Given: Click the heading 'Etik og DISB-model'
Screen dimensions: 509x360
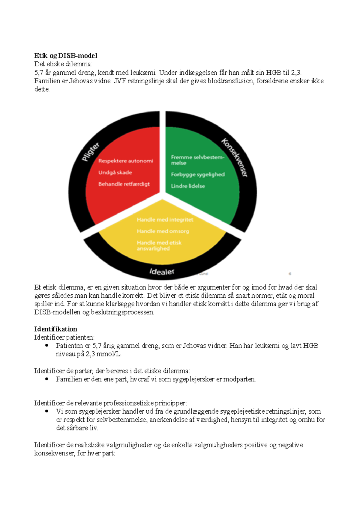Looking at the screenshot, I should click(x=66, y=56).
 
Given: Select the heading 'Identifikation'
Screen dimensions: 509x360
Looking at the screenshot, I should click(x=55, y=329).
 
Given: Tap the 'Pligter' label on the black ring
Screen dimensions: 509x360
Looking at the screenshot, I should click(x=91, y=152).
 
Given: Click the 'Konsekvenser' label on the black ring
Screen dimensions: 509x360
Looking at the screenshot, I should click(x=235, y=157).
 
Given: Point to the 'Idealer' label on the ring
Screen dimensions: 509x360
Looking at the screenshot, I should click(x=162, y=272).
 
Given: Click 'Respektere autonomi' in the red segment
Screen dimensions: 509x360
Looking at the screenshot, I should click(x=125, y=161).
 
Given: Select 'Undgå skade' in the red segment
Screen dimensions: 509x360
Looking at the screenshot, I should click(x=115, y=173).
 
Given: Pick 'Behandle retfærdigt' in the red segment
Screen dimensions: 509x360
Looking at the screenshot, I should click(x=124, y=184).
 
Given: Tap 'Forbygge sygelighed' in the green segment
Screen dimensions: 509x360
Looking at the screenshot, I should click(x=198, y=174).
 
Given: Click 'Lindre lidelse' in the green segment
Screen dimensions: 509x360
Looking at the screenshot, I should click(x=188, y=186).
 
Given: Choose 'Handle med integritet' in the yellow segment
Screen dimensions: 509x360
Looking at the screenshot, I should click(x=165, y=220).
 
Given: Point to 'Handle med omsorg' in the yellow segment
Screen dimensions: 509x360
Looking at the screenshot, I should click(x=163, y=231).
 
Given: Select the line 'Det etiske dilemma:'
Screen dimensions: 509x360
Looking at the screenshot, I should click(x=63, y=64).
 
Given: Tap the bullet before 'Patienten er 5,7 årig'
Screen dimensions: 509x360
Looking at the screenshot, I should click(x=47, y=345).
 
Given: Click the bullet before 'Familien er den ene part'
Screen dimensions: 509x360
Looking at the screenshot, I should click(x=47, y=379).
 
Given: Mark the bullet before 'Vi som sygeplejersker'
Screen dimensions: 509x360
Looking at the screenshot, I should click(x=47, y=411).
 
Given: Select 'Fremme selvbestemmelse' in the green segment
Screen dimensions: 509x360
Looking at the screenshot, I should click(x=197, y=160).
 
